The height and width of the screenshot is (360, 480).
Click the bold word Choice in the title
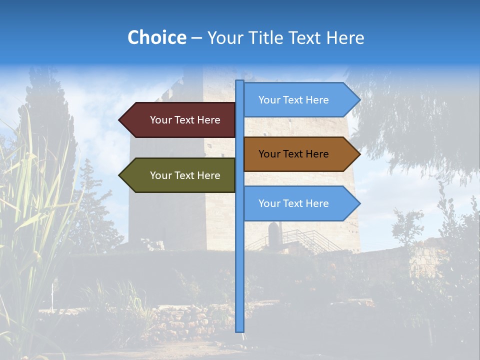coord(156,37)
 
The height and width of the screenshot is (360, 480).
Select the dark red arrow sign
coord(180,120)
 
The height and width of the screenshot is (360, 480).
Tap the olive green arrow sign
coord(180,175)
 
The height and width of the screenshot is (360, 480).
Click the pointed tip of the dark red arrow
coord(120,120)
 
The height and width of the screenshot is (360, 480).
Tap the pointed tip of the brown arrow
coord(359,154)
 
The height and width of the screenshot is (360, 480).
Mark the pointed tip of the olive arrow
coord(120,175)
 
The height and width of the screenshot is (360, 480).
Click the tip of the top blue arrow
coord(359,100)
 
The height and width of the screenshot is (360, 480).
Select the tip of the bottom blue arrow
coord(359,203)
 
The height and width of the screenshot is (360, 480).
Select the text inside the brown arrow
coord(293,154)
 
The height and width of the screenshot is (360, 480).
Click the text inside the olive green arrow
coord(185,175)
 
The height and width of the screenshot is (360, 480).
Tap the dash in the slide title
coord(196,38)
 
